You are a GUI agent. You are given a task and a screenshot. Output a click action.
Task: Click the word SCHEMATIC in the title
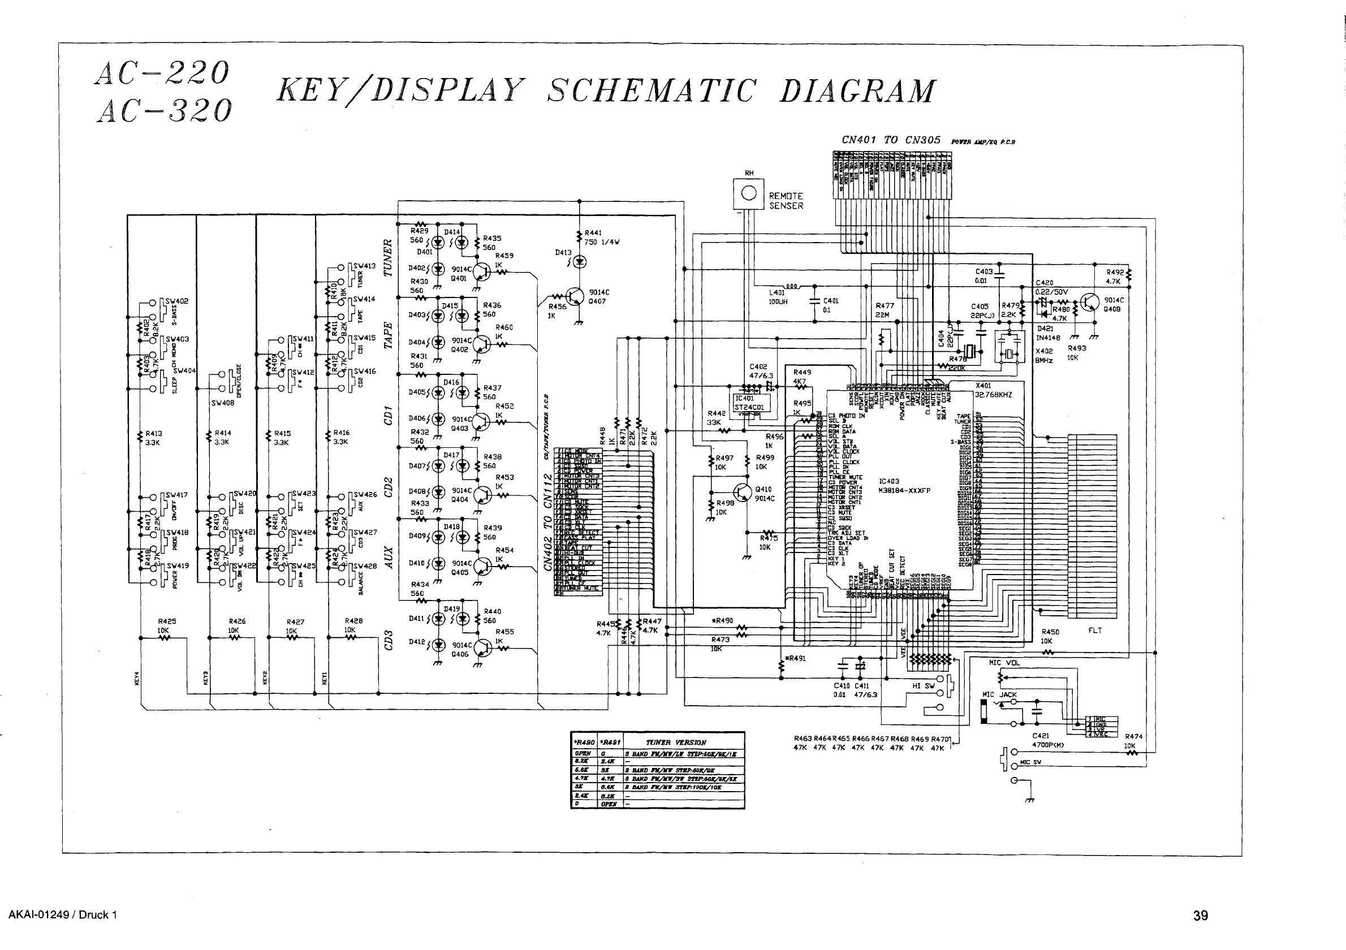[651, 91]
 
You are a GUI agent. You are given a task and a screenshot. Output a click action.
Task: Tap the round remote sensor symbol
[749, 193]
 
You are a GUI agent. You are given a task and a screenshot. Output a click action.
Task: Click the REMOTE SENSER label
[786, 201]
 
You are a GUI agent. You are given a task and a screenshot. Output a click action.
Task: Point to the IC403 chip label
[888, 481]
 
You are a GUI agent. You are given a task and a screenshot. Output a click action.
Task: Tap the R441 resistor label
[593, 232]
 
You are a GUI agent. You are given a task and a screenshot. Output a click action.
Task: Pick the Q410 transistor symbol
[741, 493]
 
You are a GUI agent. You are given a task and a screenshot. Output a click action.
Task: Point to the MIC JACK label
[999, 694]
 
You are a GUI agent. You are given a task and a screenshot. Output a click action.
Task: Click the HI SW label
[924, 686]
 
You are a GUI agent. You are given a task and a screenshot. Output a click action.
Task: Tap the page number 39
[1200, 916]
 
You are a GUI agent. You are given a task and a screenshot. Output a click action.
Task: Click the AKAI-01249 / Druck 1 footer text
[63, 915]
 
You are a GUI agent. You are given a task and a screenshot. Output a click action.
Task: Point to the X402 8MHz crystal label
[1043, 356]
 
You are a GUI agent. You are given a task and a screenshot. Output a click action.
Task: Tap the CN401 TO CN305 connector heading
[891, 140]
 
